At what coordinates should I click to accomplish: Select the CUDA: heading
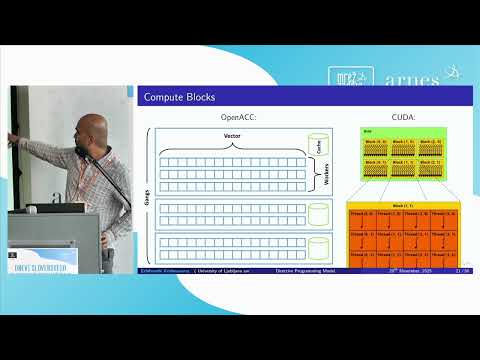403,119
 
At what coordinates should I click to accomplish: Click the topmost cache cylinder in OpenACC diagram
319,143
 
